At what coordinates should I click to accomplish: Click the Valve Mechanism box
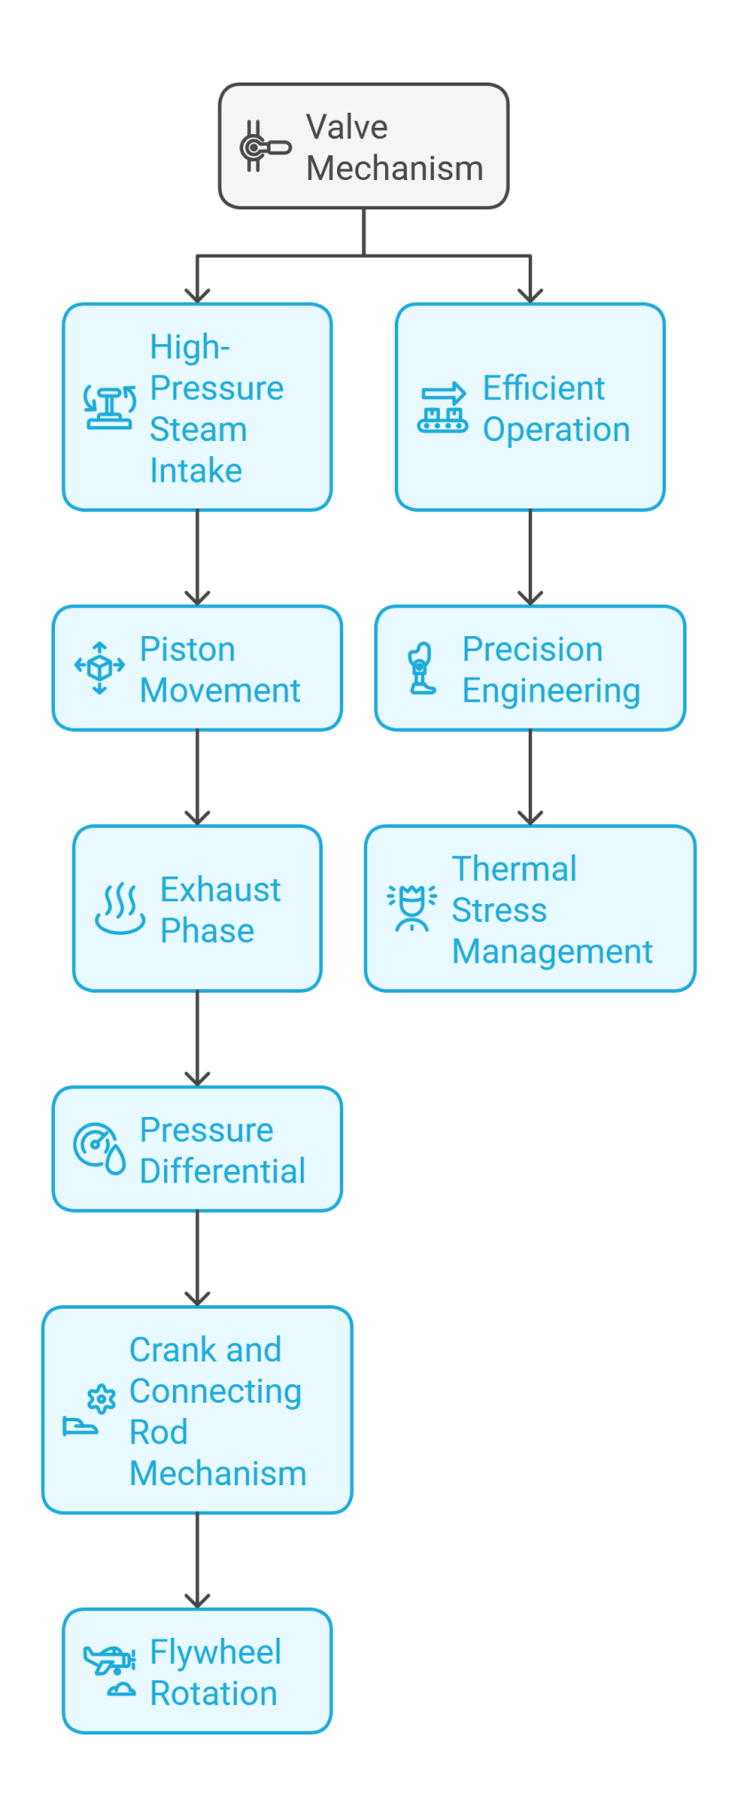pyautogui.click(x=364, y=146)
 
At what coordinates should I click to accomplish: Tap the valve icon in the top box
pyautogui.click(x=263, y=146)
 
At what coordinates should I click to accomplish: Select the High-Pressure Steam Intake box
pyautogui.click(x=197, y=407)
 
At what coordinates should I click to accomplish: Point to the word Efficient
pyautogui.click(x=543, y=388)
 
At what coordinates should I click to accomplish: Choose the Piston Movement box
pyautogui.click(x=197, y=668)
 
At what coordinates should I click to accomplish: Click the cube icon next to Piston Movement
pyautogui.click(x=99, y=668)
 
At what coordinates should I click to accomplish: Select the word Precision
pyautogui.click(x=532, y=649)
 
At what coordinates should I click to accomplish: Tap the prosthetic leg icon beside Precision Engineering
pyautogui.click(x=422, y=668)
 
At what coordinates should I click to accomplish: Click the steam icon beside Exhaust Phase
pyautogui.click(x=120, y=909)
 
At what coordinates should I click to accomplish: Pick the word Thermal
pyautogui.click(x=514, y=869)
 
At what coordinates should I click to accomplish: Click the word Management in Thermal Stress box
pyautogui.click(x=552, y=951)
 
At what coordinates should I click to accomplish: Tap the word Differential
pyautogui.click(x=223, y=1171)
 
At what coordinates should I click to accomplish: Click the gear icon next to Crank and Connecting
pyautogui.click(x=101, y=1399)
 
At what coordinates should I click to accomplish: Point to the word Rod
pyautogui.click(x=158, y=1432)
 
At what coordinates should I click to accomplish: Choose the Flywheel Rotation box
pyautogui.click(x=197, y=1671)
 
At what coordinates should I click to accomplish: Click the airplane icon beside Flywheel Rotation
pyautogui.click(x=109, y=1659)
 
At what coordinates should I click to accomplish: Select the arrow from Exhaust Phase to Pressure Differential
pyautogui.click(x=197, y=1038)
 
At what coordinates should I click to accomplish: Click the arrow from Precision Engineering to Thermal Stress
pyautogui.click(x=530, y=777)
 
